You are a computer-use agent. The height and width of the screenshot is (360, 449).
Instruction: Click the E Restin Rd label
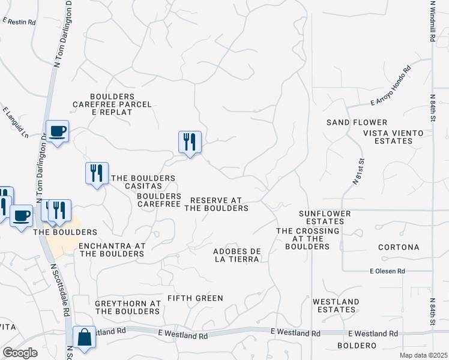click(x=19, y=22)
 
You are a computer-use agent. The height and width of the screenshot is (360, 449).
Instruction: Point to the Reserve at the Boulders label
click(x=216, y=204)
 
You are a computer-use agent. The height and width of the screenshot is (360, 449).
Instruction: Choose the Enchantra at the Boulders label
click(x=112, y=250)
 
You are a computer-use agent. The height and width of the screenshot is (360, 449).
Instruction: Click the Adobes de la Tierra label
click(x=237, y=255)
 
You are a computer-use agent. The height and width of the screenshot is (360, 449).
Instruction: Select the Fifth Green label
click(x=195, y=298)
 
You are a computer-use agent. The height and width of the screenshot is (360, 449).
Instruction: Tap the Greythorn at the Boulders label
click(x=127, y=307)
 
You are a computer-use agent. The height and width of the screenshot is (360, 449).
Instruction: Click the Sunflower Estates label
click(x=330, y=217)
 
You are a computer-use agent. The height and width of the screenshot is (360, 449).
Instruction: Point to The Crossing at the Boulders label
click(x=308, y=239)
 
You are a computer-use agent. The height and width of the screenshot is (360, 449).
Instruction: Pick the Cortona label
click(x=399, y=247)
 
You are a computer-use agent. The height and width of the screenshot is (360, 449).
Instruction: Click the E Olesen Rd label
click(x=388, y=272)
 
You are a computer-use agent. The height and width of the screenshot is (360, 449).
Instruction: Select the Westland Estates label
click(x=336, y=305)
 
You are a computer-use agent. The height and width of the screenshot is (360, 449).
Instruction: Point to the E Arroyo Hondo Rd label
click(x=390, y=86)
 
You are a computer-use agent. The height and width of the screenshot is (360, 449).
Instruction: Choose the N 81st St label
click(x=358, y=171)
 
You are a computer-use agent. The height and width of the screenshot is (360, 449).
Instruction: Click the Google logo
click(x=20, y=353)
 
